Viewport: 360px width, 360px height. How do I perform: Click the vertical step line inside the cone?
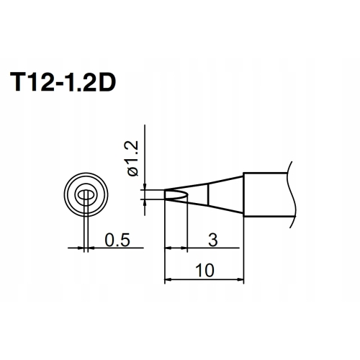point(208,194)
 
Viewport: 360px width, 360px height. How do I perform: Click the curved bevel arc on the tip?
point(185,194)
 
